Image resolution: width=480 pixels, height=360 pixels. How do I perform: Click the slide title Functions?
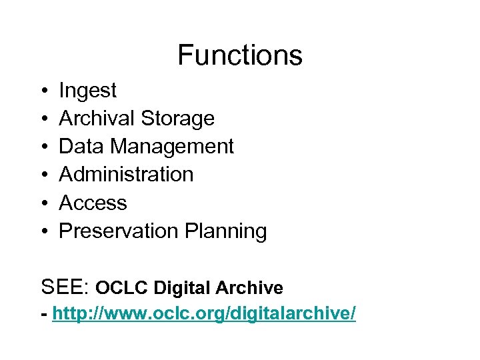pyautogui.click(x=240, y=55)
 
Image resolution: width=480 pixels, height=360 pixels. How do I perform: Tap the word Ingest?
pyautogui.click(x=87, y=91)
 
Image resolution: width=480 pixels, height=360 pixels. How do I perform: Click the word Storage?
pyautogui.click(x=177, y=119)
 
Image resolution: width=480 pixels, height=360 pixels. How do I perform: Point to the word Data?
pyautogui.click(x=82, y=147)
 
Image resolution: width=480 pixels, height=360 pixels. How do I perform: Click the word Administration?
pyautogui.click(x=126, y=175)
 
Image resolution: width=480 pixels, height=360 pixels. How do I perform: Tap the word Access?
pyautogui.click(x=93, y=203)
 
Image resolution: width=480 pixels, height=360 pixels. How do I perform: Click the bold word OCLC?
pyautogui.click(x=122, y=288)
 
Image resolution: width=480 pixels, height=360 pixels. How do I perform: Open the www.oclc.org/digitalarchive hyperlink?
pyautogui.click(x=204, y=313)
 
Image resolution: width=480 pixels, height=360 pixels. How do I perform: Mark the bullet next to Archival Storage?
pyautogui.click(x=43, y=119)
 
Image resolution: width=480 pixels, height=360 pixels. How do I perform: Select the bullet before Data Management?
pyautogui.click(x=43, y=147)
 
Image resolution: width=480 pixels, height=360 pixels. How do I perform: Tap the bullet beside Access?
pyautogui.click(x=43, y=203)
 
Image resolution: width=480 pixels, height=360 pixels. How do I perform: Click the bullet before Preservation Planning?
pyautogui.click(x=43, y=231)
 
